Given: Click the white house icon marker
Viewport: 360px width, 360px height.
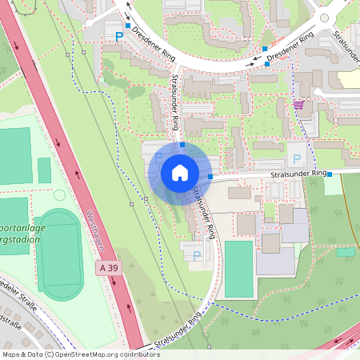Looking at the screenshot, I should [180, 173].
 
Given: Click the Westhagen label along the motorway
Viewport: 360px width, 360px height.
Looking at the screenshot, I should [94, 228].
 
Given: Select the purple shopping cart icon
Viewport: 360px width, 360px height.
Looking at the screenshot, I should [298, 104].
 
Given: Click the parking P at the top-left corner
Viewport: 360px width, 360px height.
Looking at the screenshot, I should [120, 36].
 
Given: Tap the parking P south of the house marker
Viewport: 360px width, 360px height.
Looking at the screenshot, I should [197, 256].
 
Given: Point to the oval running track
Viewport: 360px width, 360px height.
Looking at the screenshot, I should [59, 253].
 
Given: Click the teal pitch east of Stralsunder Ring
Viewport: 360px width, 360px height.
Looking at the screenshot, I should [238, 269].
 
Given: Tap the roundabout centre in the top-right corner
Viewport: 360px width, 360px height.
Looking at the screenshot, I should [323, 18].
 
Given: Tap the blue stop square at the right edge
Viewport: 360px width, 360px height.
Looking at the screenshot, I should [330, 174].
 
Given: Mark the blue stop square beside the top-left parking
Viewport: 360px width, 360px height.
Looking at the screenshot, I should [127, 26].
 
